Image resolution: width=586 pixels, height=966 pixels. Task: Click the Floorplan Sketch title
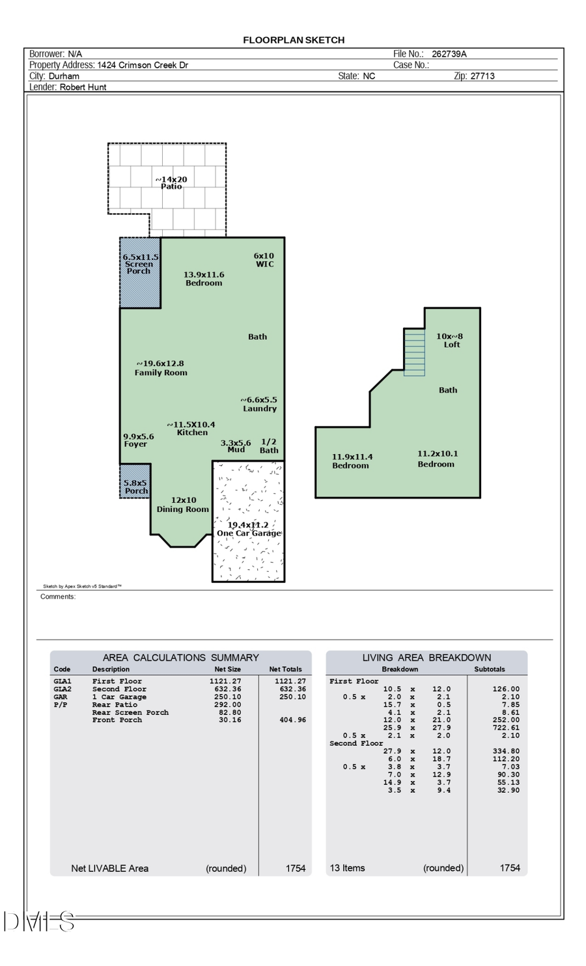click(294, 40)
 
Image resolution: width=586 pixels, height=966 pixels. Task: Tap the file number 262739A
click(449, 54)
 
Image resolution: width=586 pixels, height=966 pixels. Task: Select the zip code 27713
click(482, 76)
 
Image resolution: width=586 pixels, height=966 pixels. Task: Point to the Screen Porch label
click(139, 264)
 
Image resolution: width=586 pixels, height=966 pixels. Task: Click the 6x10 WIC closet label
click(264, 260)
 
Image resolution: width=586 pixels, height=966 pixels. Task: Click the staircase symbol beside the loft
click(414, 352)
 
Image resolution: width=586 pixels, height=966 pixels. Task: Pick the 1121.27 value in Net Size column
click(225, 681)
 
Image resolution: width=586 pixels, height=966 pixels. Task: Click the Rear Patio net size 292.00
click(228, 704)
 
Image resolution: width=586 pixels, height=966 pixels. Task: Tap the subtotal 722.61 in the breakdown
click(505, 728)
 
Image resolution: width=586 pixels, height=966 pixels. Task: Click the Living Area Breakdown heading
click(426, 657)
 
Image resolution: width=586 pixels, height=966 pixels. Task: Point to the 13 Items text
click(348, 868)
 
